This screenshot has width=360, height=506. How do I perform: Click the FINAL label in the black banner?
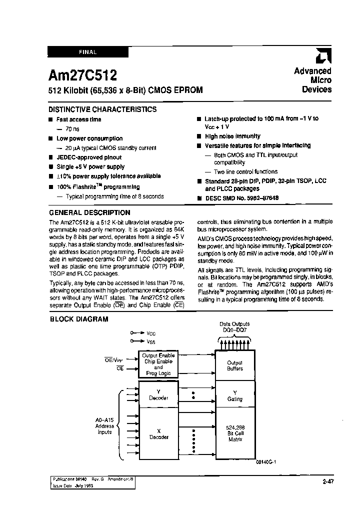pyautogui.click(x=87, y=52)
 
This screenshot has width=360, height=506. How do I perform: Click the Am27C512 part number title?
pyautogui.click(x=82, y=75)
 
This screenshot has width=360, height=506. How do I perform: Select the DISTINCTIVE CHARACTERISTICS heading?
pyautogui.click(x=102, y=109)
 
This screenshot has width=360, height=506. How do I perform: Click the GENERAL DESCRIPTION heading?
pyautogui.click(x=89, y=212)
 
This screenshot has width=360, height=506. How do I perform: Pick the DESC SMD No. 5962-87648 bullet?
pyautogui.click(x=241, y=198)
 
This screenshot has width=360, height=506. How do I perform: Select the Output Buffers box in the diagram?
pyautogui.click(x=234, y=365)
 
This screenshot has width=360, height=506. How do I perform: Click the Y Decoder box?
pyautogui.click(x=158, y=395)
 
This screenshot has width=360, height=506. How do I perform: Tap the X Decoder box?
pyautogui.click(x=158, y=434)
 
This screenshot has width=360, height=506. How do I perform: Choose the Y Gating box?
pyautogui.click(x=234, y=396)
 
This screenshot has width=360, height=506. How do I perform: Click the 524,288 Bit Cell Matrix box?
pyautogui.click(x=234, y=433)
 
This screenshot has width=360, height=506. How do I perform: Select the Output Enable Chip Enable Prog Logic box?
pyautogui.click(x=158, y=364)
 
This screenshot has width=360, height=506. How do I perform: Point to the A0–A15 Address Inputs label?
pyautogui.click(x=105, y=426)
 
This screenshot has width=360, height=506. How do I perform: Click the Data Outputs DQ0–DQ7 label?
pyautogui.click(x=234, y=327)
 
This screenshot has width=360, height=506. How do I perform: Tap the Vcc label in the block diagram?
pyautogui.click(x=151, y=332)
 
